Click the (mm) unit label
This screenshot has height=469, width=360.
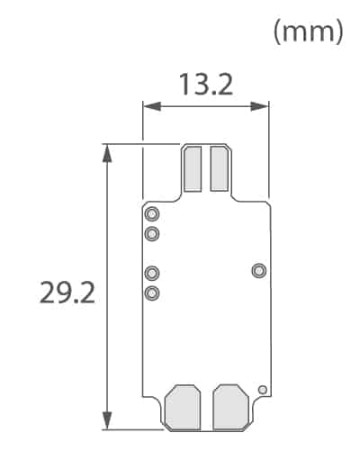tap(309, 32)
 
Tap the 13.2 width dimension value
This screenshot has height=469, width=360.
tap(205, 85)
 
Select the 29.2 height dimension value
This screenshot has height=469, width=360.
tap(67, 293)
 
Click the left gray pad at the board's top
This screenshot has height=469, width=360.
tap(192, 168)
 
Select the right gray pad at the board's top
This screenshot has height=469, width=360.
tap(219, 168)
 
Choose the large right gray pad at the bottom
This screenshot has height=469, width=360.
tap(229, 406)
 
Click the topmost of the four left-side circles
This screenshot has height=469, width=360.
tap(152, 214)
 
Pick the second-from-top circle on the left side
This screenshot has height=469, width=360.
tap(152, 234)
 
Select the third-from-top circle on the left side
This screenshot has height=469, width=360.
tap(152, 273)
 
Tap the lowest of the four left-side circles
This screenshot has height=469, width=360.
tap(152, 293)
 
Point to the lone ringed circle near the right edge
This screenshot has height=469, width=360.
tap(259, 270)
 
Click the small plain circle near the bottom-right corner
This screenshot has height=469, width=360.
tap(262, 390)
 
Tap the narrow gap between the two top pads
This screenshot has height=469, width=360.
tap(205, 168)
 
